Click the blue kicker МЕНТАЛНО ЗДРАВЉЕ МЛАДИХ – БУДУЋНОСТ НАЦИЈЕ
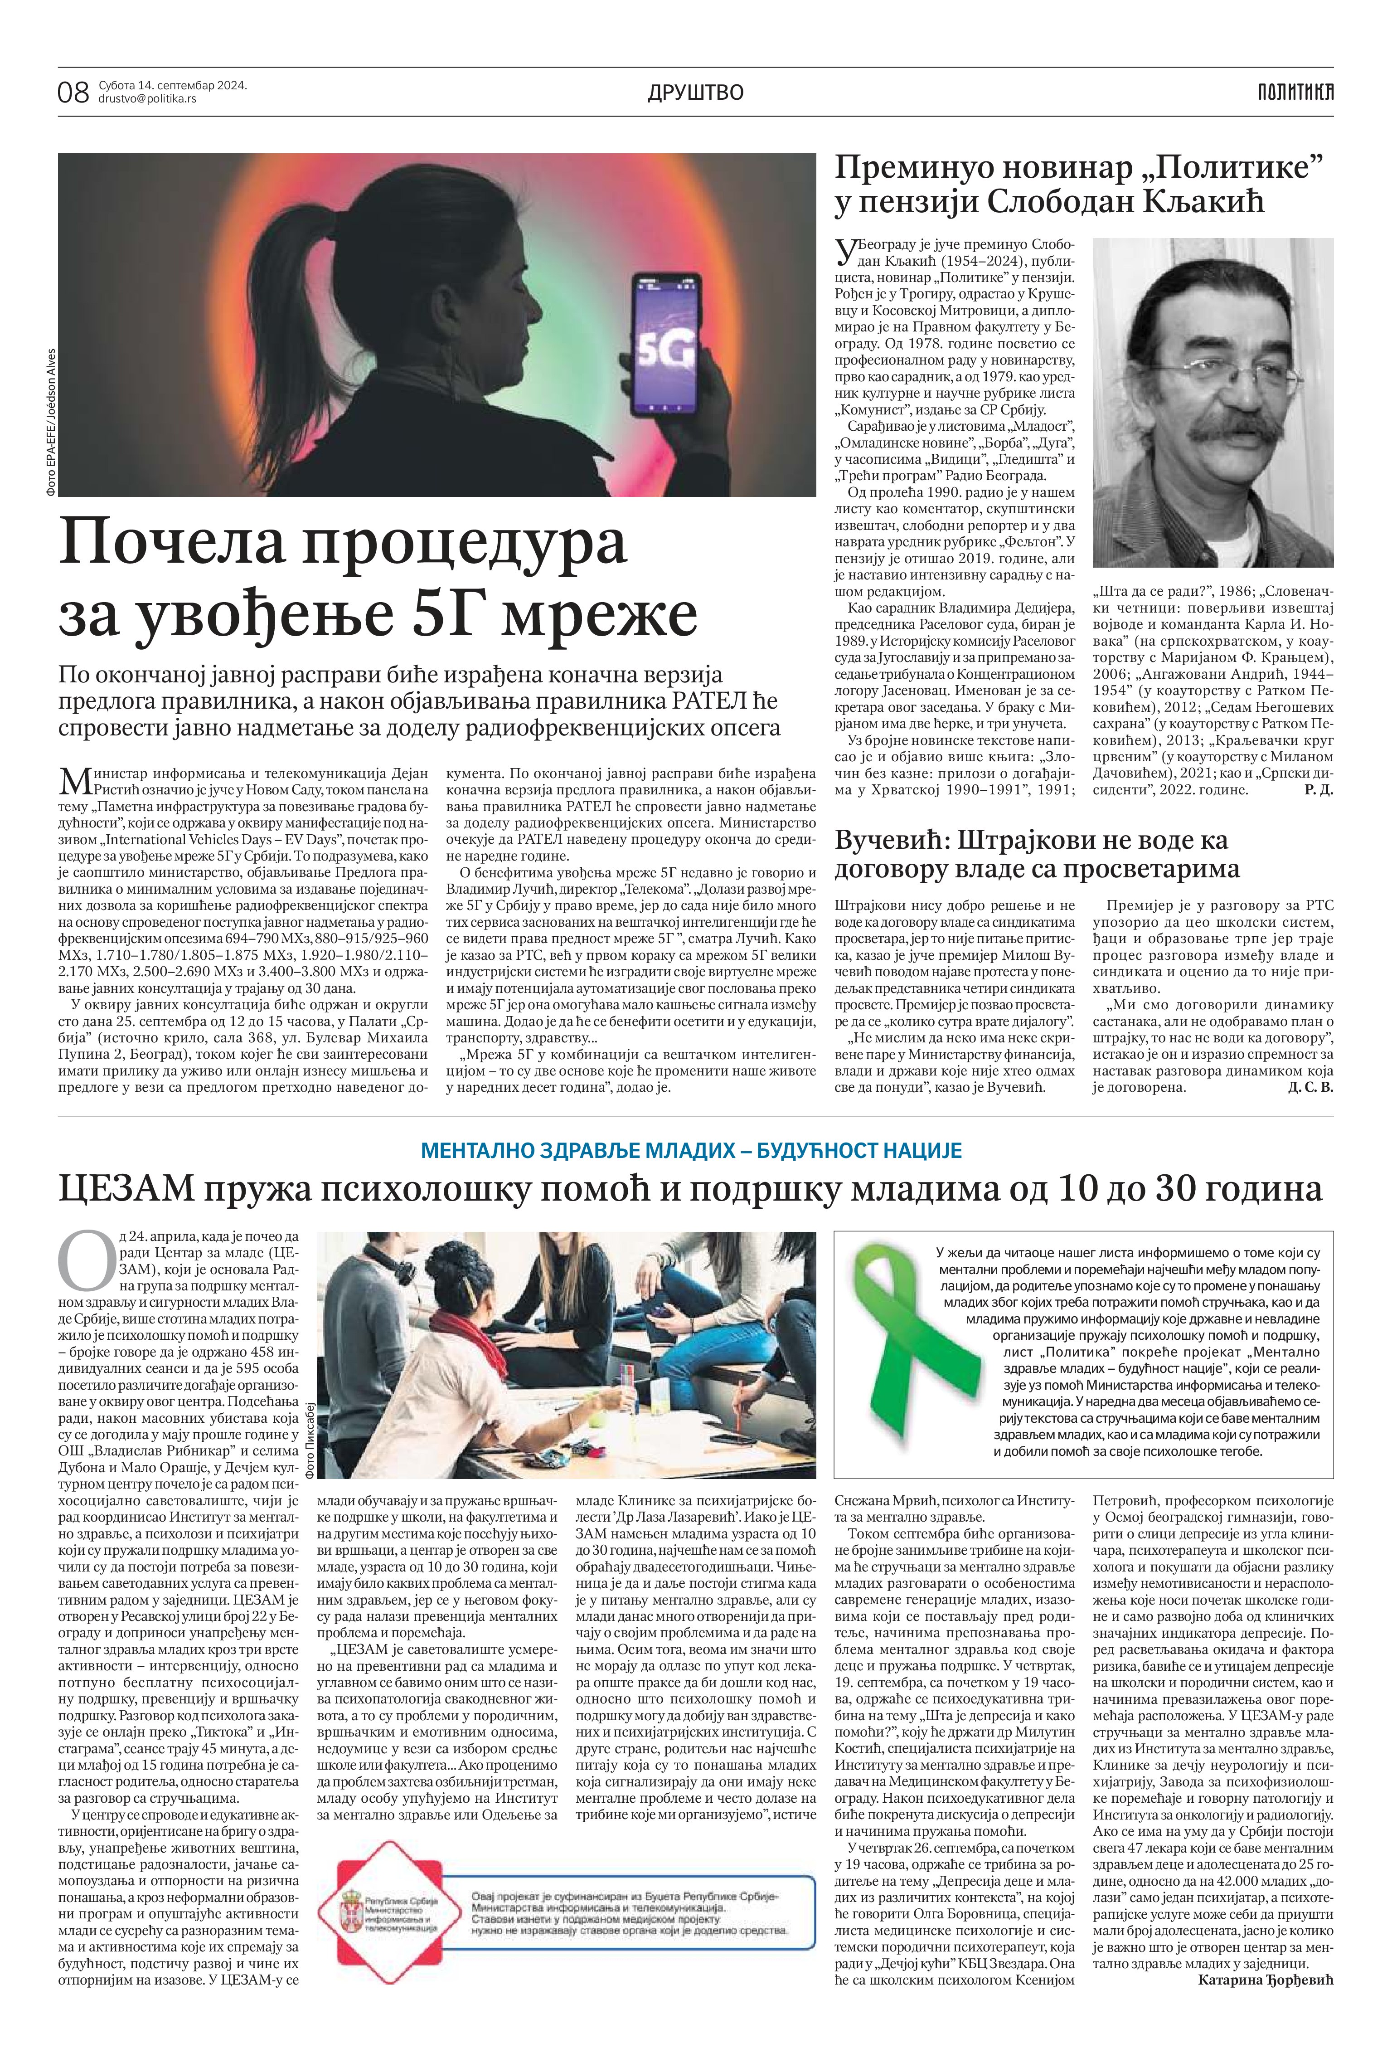click(691, 1151)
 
